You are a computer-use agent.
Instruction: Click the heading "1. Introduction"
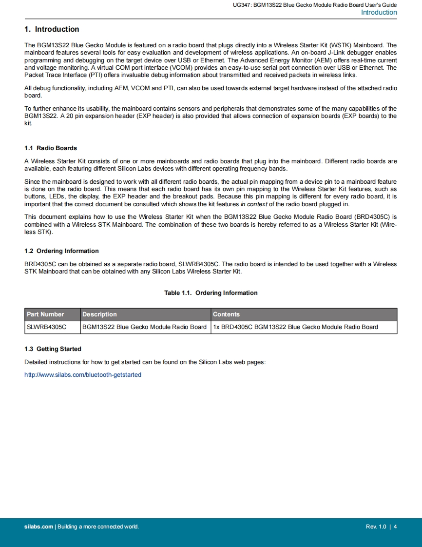click(x=52, y=29)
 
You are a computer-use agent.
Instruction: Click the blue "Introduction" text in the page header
click(x=379, y=13)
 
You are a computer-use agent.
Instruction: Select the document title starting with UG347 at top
click(x=315, y=5)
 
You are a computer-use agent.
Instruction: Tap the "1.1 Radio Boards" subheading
click(x=51, y=148)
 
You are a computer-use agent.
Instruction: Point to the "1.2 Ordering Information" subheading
click(x=61, y=251)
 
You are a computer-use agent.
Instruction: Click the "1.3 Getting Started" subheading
click(x=53, y=349)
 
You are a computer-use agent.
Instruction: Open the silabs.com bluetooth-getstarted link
click(x=83, y=375)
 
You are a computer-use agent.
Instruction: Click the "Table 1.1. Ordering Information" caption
click(x=211, y=293)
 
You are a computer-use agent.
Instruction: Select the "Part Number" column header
click(x=45, y=314)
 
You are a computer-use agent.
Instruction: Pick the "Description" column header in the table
click(x=99, y=314)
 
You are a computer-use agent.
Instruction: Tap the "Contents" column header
click(x=226, y=314)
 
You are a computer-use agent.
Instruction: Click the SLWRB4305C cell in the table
click(x=46, y=327)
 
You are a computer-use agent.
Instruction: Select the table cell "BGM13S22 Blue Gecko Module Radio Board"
click(x=144, y=327)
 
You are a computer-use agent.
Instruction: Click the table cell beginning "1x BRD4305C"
click(x=295, y=327)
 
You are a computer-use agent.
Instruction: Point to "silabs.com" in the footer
click(x=38, y=527)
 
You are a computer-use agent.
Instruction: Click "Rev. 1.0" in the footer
click(x=376, y=527)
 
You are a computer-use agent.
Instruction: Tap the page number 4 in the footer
click(x=395, y=527)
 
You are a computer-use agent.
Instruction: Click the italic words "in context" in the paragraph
click(x=253, y=204)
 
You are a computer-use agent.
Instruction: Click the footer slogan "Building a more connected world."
click(x=98, y=527)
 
